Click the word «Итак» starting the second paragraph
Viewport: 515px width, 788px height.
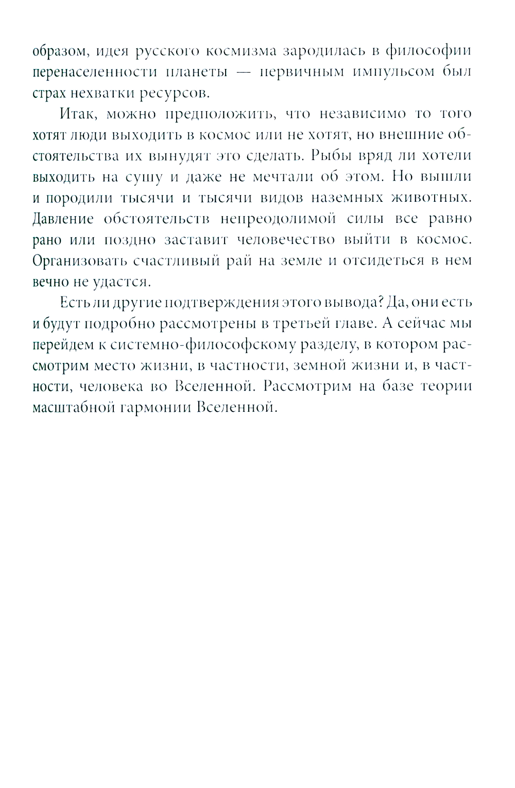click(77, 114)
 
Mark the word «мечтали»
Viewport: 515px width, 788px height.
click(285, 177)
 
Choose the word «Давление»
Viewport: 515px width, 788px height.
click(63, 219)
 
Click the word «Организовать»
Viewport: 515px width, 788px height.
click(79, 260)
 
